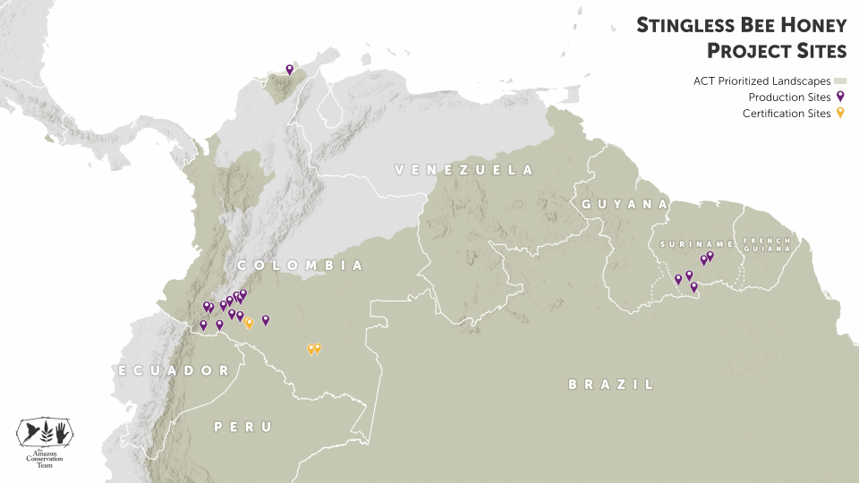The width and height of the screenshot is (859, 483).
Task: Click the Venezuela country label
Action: pos(464,170)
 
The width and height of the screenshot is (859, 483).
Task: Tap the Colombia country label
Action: pos(300,266)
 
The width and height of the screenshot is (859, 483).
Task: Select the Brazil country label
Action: pos(611,385)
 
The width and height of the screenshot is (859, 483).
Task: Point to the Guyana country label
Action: pos(625,205)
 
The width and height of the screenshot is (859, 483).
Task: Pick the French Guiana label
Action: pos(766,244)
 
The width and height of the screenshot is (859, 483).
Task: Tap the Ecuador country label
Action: pos(174,370)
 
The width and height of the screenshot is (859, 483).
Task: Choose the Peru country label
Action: pos(242,428)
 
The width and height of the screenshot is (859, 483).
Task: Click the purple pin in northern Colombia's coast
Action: pos(289,69)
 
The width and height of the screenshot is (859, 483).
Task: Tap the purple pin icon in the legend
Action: pos(840,97)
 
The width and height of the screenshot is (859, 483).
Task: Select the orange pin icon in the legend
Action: pos(840,114)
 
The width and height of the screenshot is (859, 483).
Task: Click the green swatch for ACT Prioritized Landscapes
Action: pos(840,80)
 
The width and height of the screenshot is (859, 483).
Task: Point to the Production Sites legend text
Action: pos(790,97)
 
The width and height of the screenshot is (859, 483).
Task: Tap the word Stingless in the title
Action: pos(685,25)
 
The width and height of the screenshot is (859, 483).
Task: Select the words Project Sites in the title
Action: pos(776,49)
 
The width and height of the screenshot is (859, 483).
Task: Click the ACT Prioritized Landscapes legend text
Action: pos(761,80)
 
